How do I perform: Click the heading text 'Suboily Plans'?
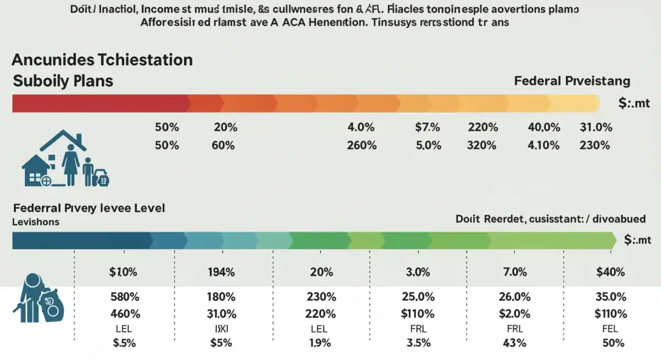pyautogui.click(x=62, y=81)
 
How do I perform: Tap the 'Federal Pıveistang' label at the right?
pyautogui.click(x=572, y=81)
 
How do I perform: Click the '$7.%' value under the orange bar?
pyautogui.click(x=427, y=127)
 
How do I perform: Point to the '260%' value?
pyautogui.click(x=361, y=145)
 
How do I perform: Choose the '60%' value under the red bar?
pyautogui.click(x=223, y=145)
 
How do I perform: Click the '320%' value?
pyautogui.click(x=483, y=145)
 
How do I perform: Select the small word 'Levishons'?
pyautogui.click(x=35, y=222)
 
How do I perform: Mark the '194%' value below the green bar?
pyautogui.click(x=221, y=272)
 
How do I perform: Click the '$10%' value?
pyautogui.click(x=123, y=272)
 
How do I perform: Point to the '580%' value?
pyautogui.click(x=124, y=297)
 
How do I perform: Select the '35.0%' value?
pyautogui.click(x=610, y=297)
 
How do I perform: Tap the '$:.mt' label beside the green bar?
pyautogui.click(x=638, y=240)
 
